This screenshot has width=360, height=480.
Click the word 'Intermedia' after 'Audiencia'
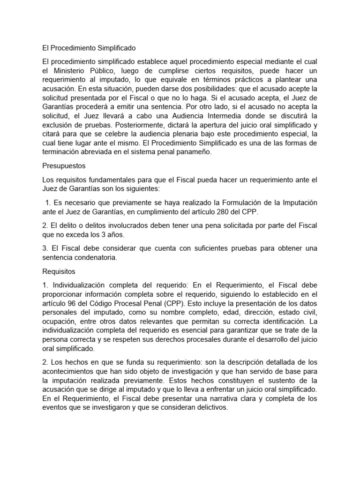pos(228,115)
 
